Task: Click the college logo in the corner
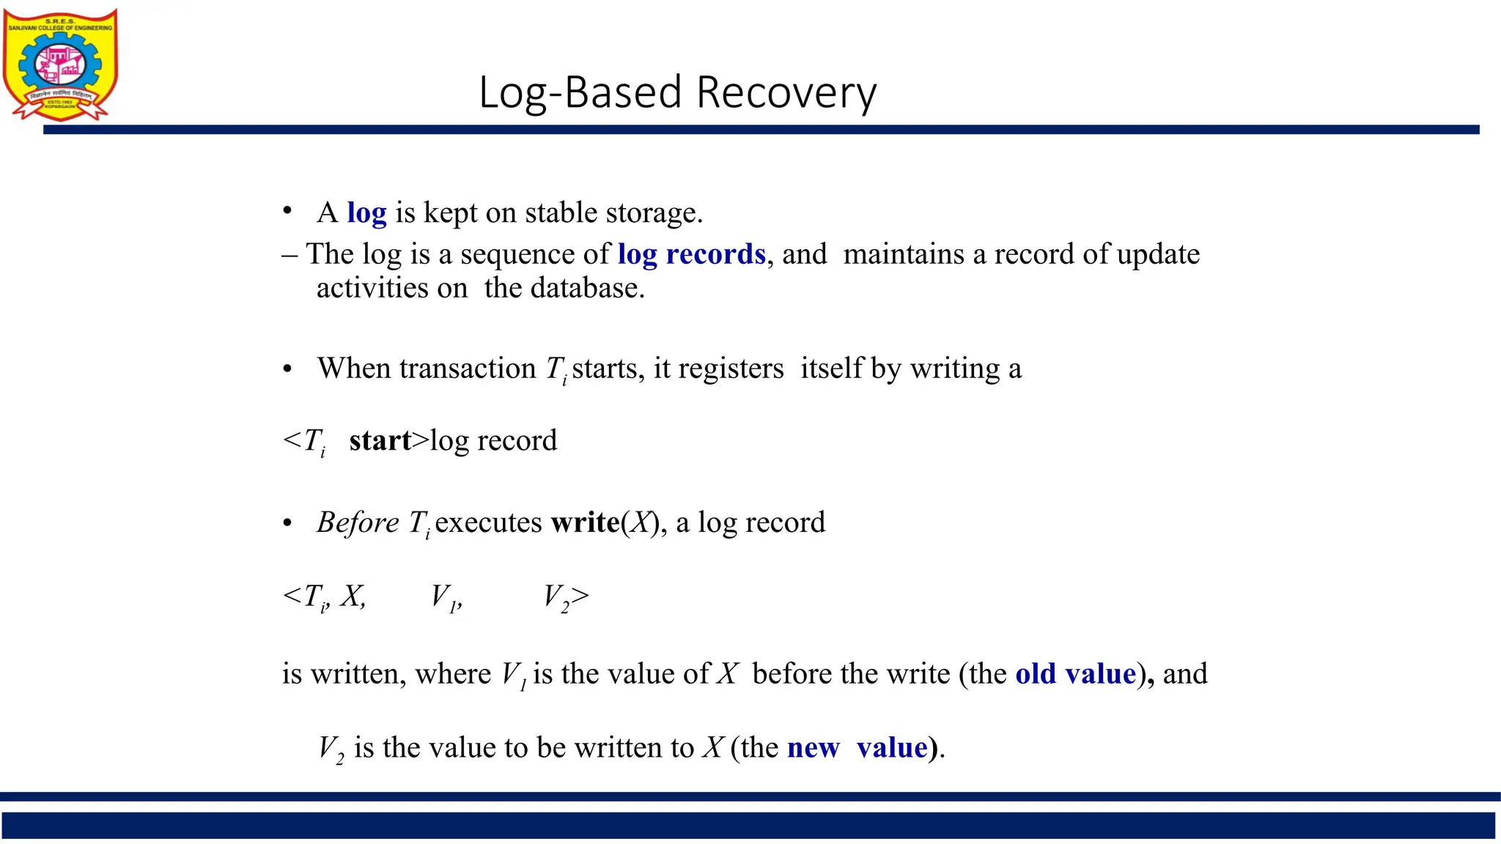pyautogui.click(x=61, y=64)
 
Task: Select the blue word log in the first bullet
pyautogui.click(x=366, y=213)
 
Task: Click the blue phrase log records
pyautogui.click(x=691, y=254)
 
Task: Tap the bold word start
pyautogui.click(x=380, y=440)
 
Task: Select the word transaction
pyautogui.click(x=468, y=369)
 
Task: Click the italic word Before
pyautogui.click(x=358, y=522)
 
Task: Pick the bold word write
pyautogui.click(x=585, y=522)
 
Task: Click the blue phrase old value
pyautogui.click(x=1075, y=674)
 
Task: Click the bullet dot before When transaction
pyautogui.click(x=287, y=369)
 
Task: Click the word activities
pyautogui.click(x=372, y=288)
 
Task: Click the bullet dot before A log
pyautogui.click(x=287, y=212)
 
